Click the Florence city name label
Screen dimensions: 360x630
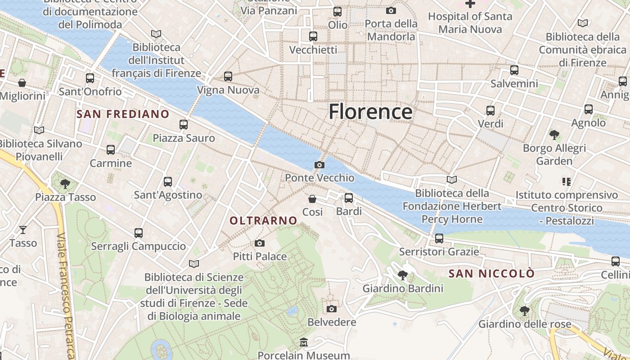click(x=370, y=112)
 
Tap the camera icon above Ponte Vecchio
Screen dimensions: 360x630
click(x=319, y=165)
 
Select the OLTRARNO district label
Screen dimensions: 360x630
click(x=264, y=220)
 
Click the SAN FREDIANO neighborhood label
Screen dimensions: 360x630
click(x=123, y=114)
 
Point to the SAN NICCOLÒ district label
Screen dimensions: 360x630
click(x=492, y=274)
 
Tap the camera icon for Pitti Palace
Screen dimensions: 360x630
click(x=260, y=243)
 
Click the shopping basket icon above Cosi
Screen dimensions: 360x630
click(x=312, y=199)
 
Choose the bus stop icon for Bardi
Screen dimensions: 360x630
click(x=349, y=198)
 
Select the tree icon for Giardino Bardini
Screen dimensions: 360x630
click(x=403, y=275)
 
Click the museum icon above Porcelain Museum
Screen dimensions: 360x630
click(x=304, y=343)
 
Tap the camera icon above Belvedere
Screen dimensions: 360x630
click(x=332, y=309)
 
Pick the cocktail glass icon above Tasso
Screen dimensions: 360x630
click(x=23, y=230)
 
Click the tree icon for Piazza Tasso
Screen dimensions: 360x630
click(x=65, y=184)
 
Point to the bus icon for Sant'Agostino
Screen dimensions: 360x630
click(x=168, y=182)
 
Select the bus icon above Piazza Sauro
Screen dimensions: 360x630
click(x=184, y=125)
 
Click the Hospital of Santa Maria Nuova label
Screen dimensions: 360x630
click(x=470, y=23)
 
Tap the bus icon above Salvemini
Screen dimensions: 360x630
click(x=514, y=70)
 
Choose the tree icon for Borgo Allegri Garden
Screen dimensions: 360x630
click(x=554, y=135)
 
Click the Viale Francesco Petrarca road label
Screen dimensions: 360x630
click(x=66, y=295)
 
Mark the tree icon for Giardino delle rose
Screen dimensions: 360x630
click(x=524, y=310)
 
